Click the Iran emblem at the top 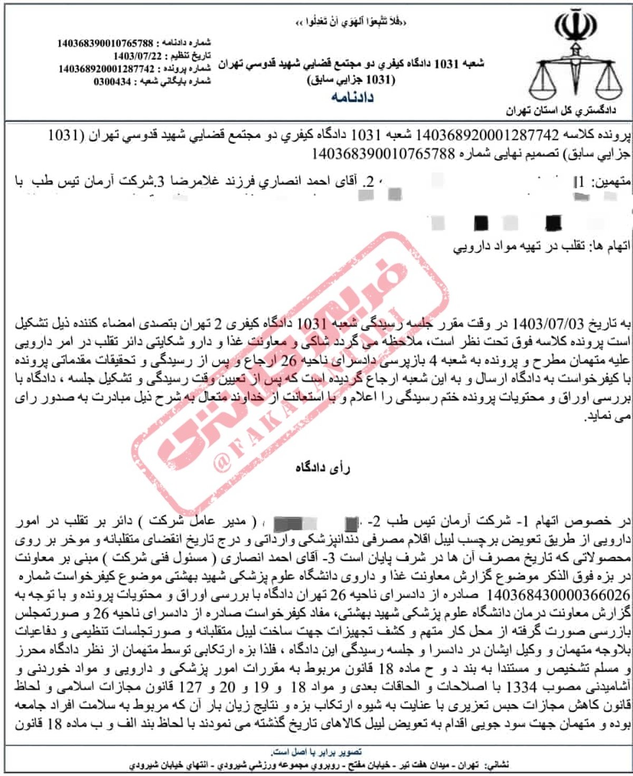[x=576, y=25]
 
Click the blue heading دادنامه [x=352, y=97]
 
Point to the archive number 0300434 [x=112, y=82]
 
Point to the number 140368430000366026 [x=558, y=595]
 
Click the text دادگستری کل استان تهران [x=561, y=111]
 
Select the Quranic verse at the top [x=351, y=22]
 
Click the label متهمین [x=610, y=182]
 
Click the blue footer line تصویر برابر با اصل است [x=316, y=752]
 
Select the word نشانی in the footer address [x=498, y=764]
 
